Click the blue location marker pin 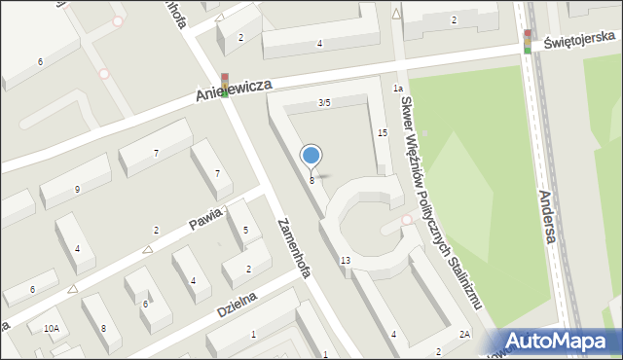point(311,156)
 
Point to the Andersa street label point(549,217)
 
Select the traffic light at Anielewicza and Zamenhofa point(224,85)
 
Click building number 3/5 point(324,102)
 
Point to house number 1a point(397,89)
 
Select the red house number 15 point(383,132)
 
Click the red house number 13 point(346,260)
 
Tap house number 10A point(51,329)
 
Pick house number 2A point(465,336)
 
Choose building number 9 point(77,190)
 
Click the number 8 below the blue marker point(311,180)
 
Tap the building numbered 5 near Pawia point(245,231)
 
